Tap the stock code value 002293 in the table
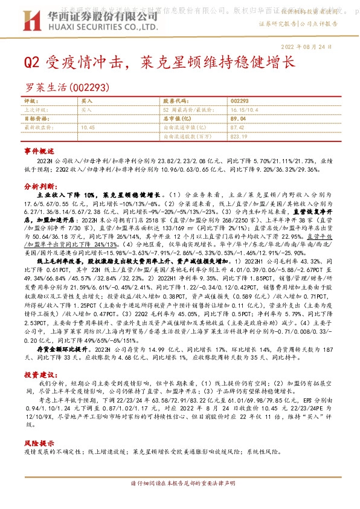coord(240,100)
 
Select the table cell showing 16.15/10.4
coord(244,110)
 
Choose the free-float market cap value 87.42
coord(237,128)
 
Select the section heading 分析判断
coord(39,187)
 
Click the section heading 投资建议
coord(39,375)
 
